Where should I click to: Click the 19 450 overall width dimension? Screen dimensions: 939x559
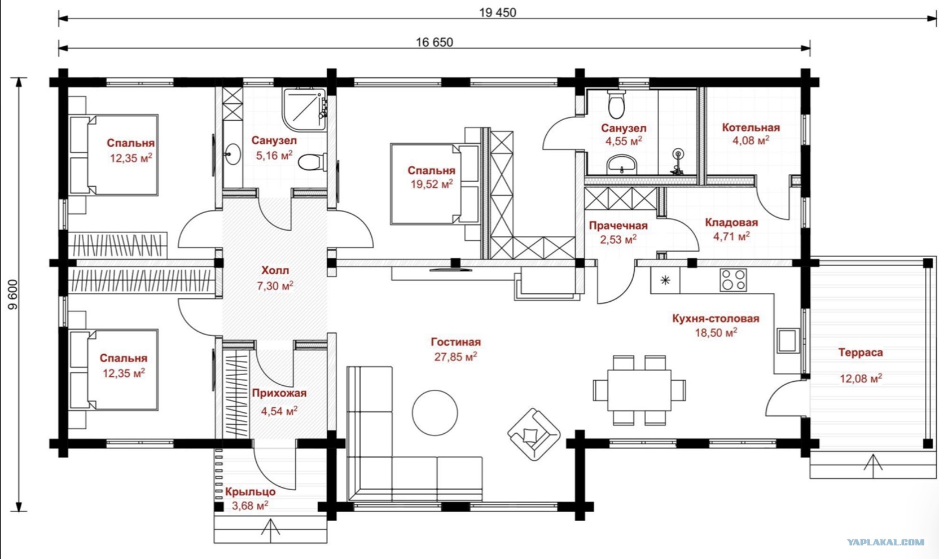(x=498, y=12)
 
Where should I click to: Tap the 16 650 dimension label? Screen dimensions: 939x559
(x=435, y=42)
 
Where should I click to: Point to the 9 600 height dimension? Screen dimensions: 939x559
(x=13, y=294)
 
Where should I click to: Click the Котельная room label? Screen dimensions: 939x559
(x=751, y=127)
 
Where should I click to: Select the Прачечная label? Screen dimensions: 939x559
(x=618, y=226)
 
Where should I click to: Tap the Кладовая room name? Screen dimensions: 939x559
(x=731, y=222)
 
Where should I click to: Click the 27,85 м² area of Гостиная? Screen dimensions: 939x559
(x=455, y=356)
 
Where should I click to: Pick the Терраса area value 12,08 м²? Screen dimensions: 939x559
(x=861, y=378)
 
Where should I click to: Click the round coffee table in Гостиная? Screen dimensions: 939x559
(x=435, y=413)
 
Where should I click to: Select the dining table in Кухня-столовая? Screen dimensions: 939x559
(x=639, y=390)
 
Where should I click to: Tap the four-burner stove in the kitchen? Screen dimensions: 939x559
(x=733, y=280)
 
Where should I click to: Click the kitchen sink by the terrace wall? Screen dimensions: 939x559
(x=788, y=341)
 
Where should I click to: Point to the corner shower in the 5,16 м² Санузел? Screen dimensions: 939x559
(x=305, y=110)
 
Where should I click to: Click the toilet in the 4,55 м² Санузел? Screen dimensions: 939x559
(x=616, y=104)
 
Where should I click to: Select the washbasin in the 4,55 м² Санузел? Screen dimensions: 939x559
(x=622, y=164)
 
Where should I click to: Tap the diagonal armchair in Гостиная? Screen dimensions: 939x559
(x=534, y=434)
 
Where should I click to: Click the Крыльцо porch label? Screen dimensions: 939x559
(x=250, y=491)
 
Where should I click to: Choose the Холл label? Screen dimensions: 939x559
(x=275, y=270)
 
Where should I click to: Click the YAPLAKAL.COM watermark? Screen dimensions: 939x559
(x=886, y=542)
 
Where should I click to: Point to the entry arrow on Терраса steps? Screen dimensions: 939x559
(x=873, y=465)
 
